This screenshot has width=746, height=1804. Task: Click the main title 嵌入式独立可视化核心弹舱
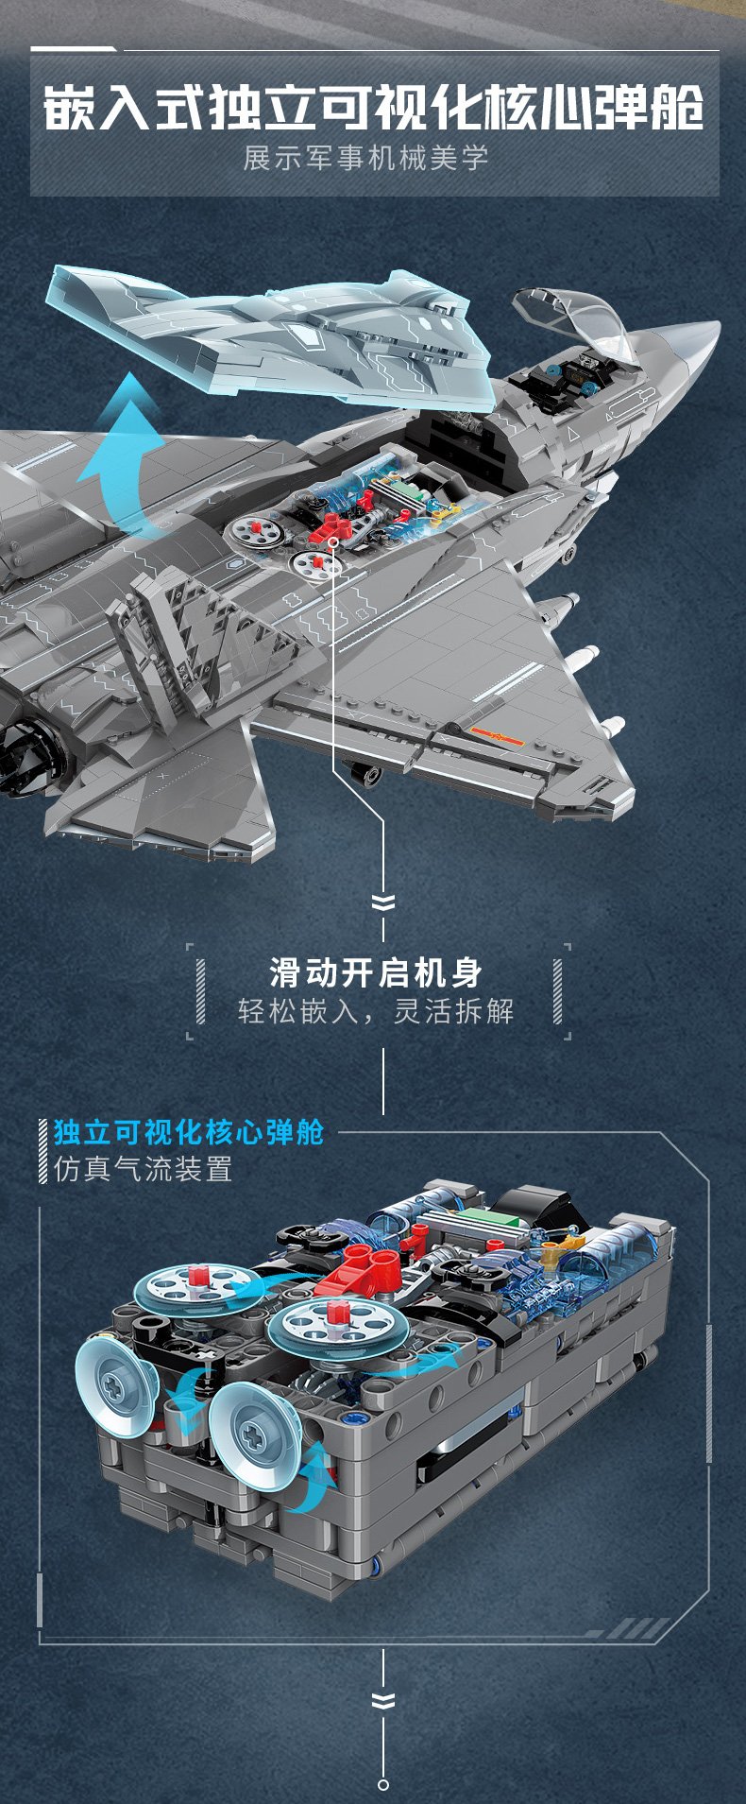point(373,107)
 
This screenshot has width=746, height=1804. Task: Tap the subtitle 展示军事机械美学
point(366,157)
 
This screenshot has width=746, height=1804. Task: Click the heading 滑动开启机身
point(376,971)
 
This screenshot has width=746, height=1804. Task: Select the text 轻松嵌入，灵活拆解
point(376,1011)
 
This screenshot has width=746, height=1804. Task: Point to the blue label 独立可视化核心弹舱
point(189,1132)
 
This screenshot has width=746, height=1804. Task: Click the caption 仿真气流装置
point(144,1169)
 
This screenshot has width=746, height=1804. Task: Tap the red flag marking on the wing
point(478,728)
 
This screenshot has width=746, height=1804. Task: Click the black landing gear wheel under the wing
point(365,773)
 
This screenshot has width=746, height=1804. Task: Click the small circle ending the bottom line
point(383,1784)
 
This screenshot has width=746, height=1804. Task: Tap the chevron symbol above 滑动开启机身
point(383,902)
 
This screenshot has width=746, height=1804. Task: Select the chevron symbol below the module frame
point(383,1701)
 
